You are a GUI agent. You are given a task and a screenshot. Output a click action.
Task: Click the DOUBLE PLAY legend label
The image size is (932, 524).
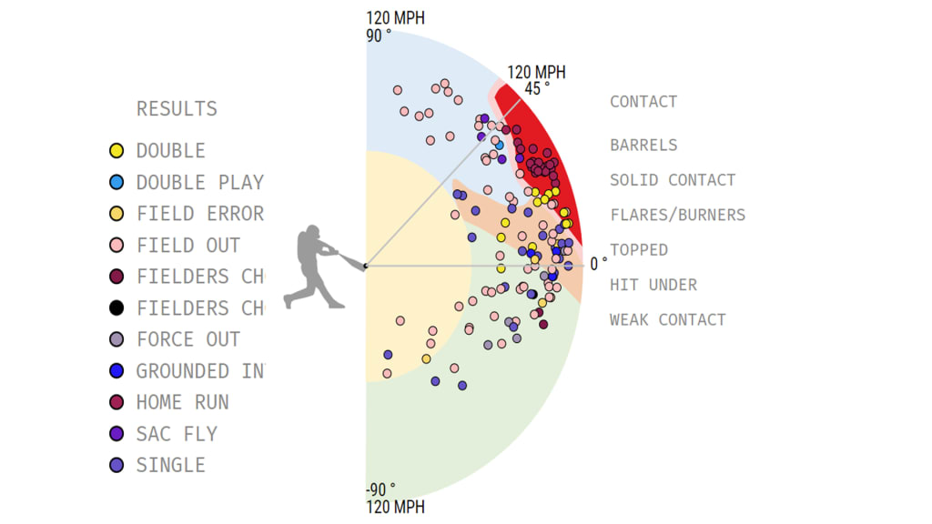pos(199,183)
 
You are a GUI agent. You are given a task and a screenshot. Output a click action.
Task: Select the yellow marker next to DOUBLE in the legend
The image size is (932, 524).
pos(116,151)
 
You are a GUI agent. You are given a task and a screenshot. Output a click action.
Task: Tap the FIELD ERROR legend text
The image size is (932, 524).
pos(199,214)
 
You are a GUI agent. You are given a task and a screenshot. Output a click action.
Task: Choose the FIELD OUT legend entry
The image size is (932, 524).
pos(187,246)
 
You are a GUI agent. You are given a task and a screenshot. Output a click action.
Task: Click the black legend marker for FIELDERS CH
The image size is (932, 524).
pos(116,308)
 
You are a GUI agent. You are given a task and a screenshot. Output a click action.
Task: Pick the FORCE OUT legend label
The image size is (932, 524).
pos(187,340)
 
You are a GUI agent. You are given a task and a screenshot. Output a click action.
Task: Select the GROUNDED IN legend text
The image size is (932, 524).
pos(199,371)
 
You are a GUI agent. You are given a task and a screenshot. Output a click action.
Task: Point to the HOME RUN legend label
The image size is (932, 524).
pos(182,403)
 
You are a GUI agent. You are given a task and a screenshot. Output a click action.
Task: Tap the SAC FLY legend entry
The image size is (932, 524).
pos(177,434)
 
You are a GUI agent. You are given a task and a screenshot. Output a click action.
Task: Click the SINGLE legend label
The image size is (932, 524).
pos(170,466)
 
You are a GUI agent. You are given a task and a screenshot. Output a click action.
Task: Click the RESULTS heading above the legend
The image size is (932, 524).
pos(177,109)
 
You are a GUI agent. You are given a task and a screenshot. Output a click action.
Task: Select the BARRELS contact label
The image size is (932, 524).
pos(643,145)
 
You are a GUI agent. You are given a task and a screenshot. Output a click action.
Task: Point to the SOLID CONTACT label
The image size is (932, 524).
pos(673,180)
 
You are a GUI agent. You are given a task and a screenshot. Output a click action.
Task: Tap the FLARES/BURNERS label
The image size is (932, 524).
pos(677,216)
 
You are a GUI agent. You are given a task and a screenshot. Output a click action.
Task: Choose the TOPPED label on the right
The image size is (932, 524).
pos(639,250)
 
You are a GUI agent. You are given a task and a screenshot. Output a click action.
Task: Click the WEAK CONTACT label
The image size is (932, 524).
pos(667,320)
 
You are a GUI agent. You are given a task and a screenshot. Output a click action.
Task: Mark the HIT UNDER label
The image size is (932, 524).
pos(653,286)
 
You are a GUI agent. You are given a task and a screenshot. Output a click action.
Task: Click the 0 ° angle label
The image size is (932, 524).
pos(598,264)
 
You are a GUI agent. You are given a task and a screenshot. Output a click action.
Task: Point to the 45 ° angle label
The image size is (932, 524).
pos(536,88)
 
